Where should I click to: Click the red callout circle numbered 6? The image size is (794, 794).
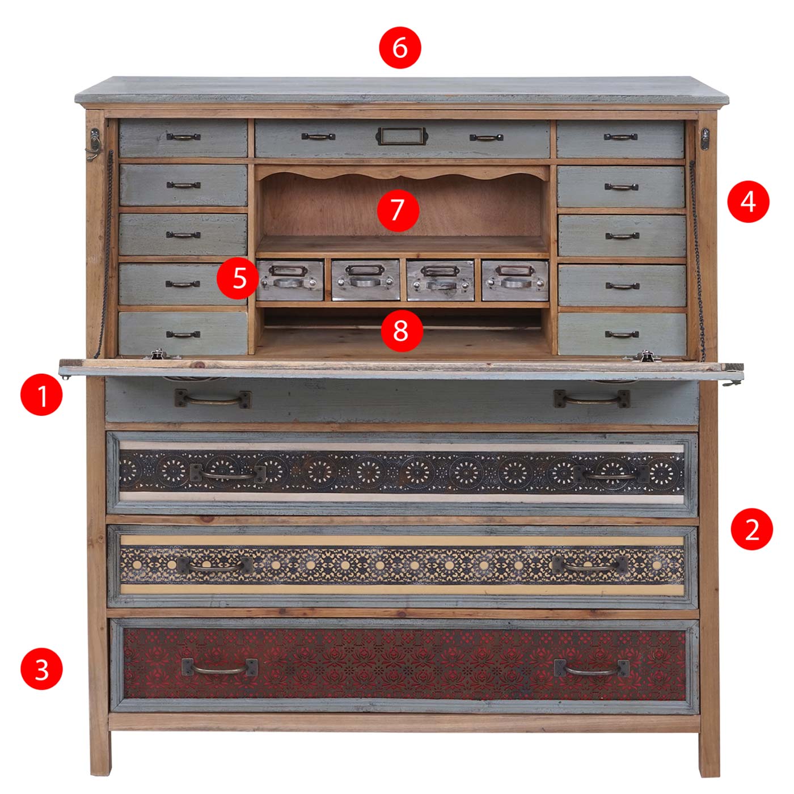400,48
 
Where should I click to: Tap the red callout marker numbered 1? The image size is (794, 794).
41,395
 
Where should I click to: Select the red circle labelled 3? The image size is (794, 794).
41,669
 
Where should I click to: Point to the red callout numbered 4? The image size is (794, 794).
748,202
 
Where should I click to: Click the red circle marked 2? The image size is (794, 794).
751,529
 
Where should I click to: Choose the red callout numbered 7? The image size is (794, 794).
398,210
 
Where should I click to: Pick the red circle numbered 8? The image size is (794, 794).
402,331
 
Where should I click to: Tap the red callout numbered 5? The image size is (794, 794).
238,278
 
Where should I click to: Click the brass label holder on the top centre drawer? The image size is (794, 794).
402,136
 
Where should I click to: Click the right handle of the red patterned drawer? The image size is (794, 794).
592,668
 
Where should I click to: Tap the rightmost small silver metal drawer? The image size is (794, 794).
515,280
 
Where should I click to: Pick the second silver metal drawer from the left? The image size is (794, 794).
365,280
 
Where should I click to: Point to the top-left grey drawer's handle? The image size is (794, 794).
183,136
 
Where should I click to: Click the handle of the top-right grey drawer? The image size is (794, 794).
620,136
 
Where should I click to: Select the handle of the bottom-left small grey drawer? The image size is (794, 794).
183,334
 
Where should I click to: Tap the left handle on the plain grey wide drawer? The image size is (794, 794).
213,399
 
